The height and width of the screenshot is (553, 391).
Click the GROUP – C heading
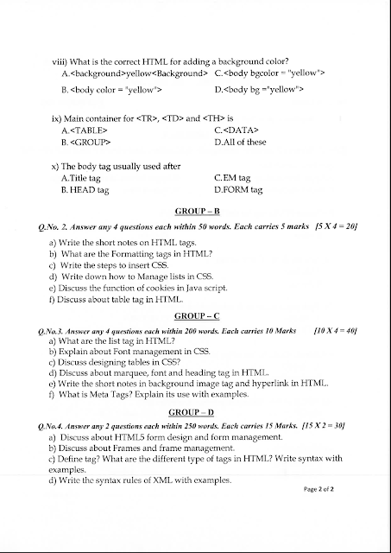pyautogui.click(x=199, y=317)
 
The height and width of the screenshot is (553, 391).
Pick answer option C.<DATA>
pyautogui.click(x=237, y=129)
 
